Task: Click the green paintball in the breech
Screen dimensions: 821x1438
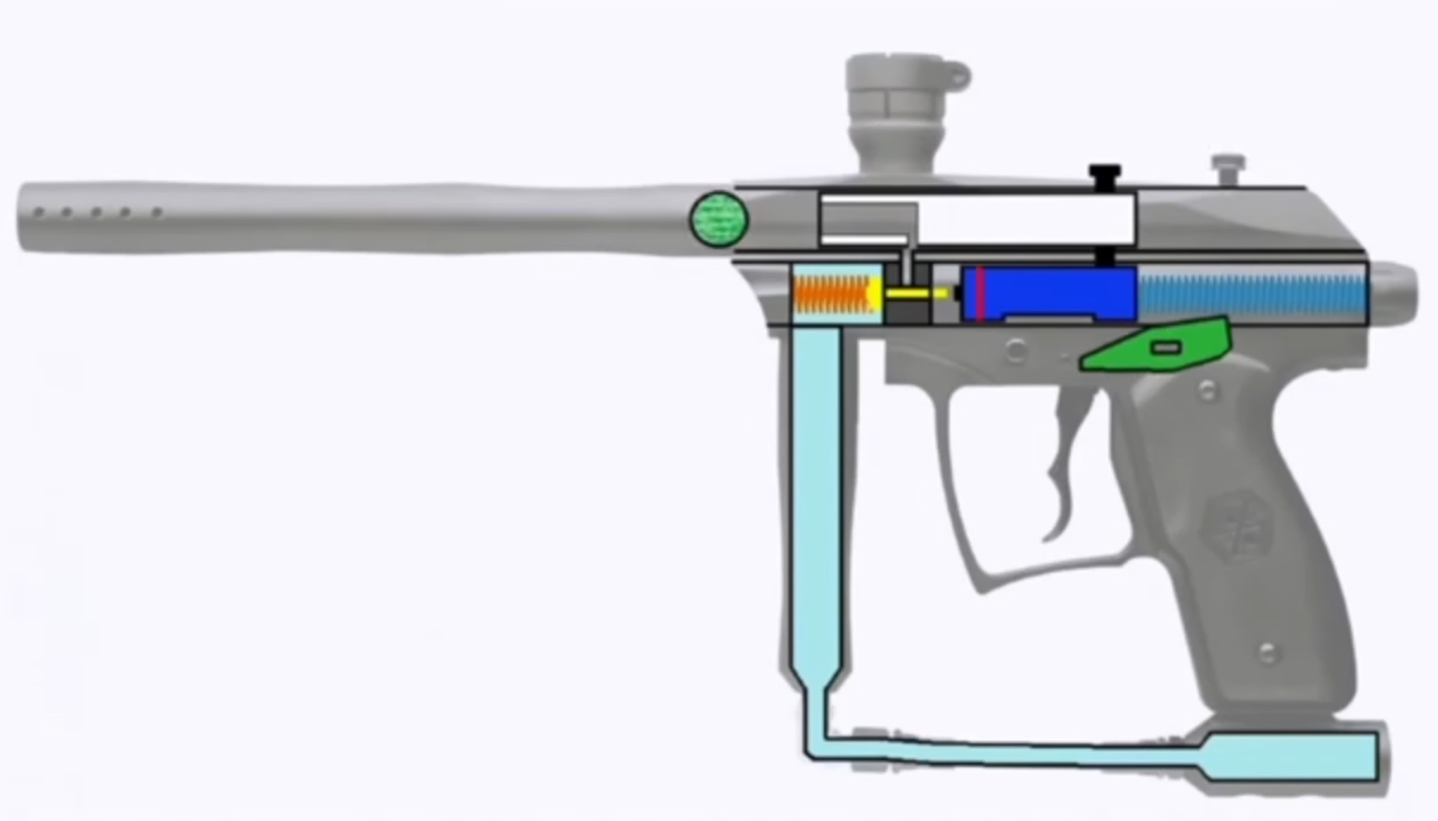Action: pyautogui.click(x=719, y=219)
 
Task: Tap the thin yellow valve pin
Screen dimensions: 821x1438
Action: pyautogui.click(x=914, y=294)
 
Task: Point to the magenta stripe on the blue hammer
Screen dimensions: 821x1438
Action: pyautogui.click(x=981, y=294)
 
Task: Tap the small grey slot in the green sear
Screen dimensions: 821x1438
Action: pyautogui.click(x=1164, y=348)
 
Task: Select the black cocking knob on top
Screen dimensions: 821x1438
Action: pyautogui.click(x=1105, y=176)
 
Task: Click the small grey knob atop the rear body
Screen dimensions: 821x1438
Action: pyautogui.click(x=1227, y=165)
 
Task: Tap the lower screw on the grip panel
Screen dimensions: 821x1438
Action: pyautogui.click(x=1267, y=653)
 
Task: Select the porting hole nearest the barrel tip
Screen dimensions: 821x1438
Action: pyautogui.click(x=38, y=212)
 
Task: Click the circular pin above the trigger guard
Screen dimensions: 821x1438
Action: pyautogui.click(x=1015, y=351)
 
